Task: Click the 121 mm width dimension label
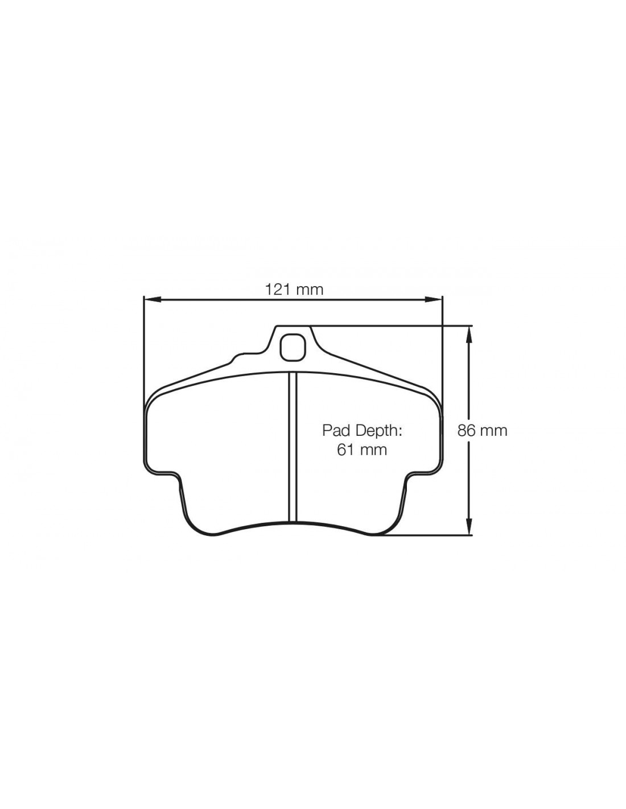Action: point(294,289)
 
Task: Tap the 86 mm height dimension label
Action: point(482,431)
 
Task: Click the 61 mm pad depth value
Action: point(362,450)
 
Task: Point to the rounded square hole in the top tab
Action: point(293,347)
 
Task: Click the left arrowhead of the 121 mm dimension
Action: point(153,299)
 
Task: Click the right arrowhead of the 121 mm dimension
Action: point(434,299)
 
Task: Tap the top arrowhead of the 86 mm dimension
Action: point(469,335)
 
